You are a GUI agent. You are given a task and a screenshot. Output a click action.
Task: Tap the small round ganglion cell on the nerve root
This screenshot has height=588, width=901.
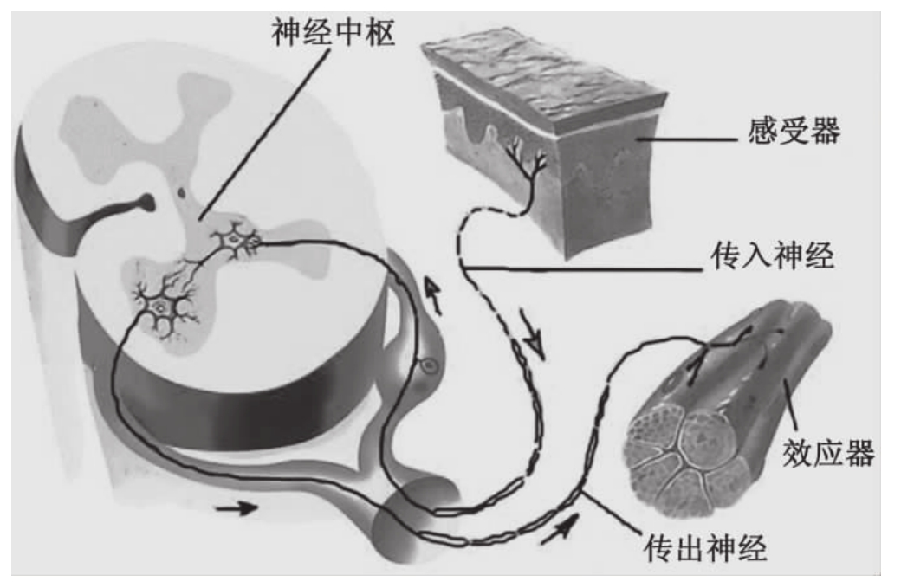click(427, 368)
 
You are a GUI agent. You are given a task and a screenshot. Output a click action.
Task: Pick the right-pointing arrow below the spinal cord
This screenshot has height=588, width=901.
click(235, 508)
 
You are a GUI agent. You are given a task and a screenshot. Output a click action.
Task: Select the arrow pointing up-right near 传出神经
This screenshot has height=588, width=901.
click(558, 527)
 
